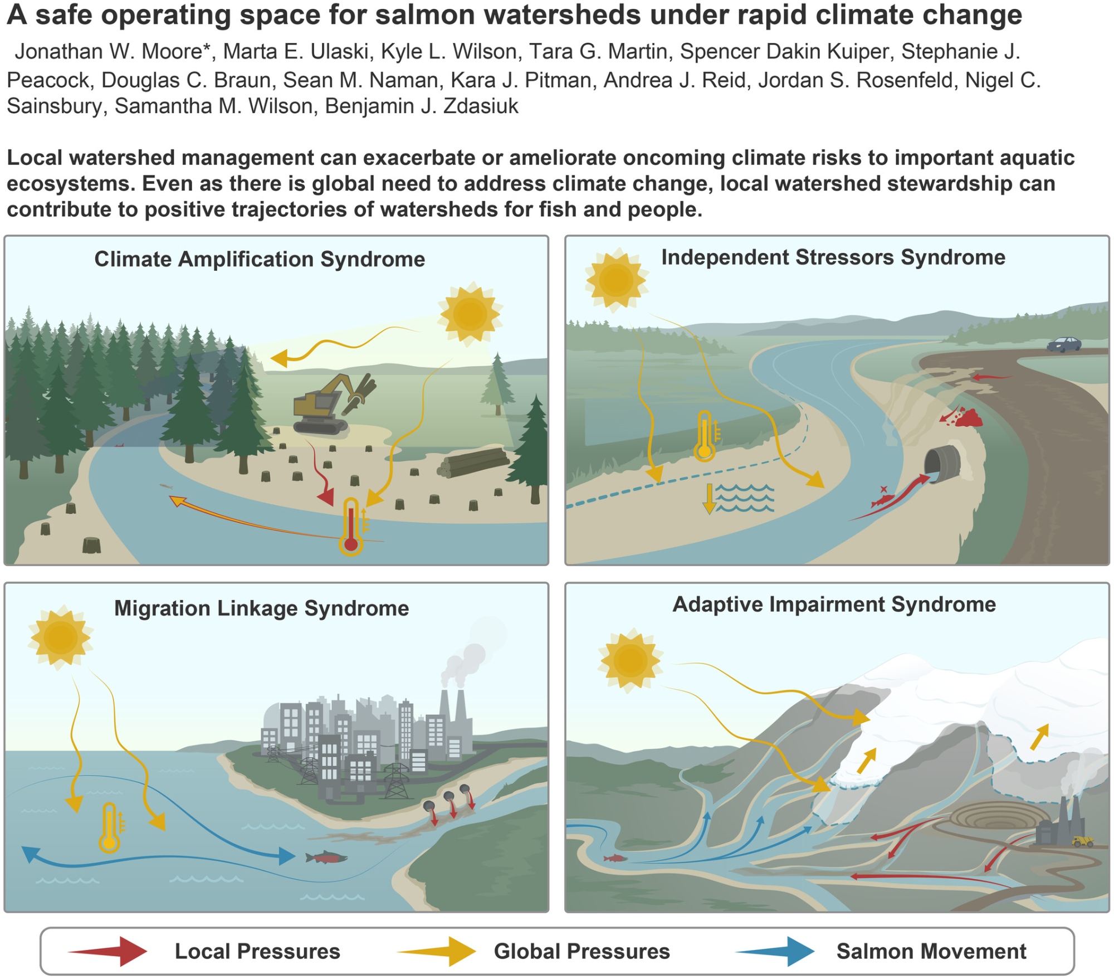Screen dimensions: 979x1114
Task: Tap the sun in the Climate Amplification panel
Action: point(470,314)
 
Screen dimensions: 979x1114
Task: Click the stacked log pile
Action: point(473,462)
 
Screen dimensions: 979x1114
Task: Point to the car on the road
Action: point(1064,344)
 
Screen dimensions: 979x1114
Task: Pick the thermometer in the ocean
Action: point(110,827)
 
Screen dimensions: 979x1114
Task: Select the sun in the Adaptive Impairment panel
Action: point(630,661)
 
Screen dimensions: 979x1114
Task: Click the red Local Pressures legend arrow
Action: point(109,951)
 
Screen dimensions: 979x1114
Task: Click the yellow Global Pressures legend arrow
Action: point(438,951)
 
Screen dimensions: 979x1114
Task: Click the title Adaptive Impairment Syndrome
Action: point(834,605)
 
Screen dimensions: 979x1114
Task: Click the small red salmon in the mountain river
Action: point(615,858)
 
